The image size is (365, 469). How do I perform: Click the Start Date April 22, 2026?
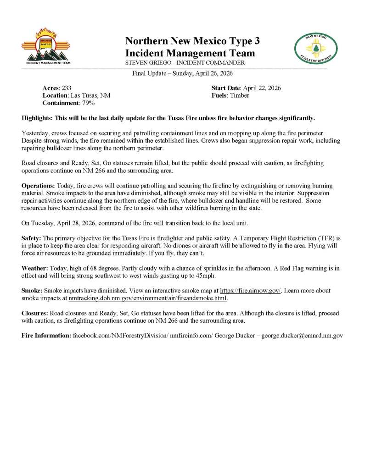click(262, 88)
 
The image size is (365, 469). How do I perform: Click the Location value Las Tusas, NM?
click(90, 95)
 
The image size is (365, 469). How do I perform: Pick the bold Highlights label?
click(37, 118)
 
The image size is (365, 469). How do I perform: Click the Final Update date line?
click(182, 74)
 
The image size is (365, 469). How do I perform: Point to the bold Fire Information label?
click(46, 336)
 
